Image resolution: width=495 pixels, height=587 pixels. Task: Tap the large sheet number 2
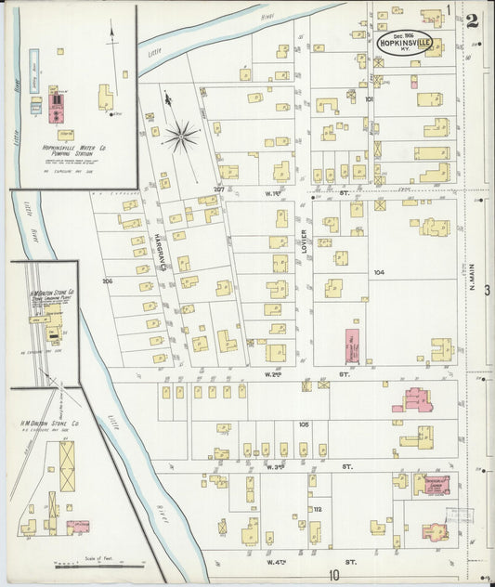pyautogui.click(x=472, y=20)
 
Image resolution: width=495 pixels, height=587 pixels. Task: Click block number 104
pyautogui.click(x=378, y=273)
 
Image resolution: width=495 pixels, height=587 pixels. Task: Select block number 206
pyautogui.click(x=107, y=280)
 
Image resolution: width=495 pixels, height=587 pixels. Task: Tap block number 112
pyautogui.click(x=317, y=509)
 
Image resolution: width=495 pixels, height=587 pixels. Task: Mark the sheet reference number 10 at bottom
pyautogui.click(x=332, y=575)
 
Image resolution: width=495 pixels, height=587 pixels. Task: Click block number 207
pyautogui.click(x=219, y=189)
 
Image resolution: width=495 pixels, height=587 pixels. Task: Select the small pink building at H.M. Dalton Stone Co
pyautogui.click(x=78, y=527)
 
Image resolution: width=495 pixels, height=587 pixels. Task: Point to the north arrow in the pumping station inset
pyautogui.click(x=113, y=35)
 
